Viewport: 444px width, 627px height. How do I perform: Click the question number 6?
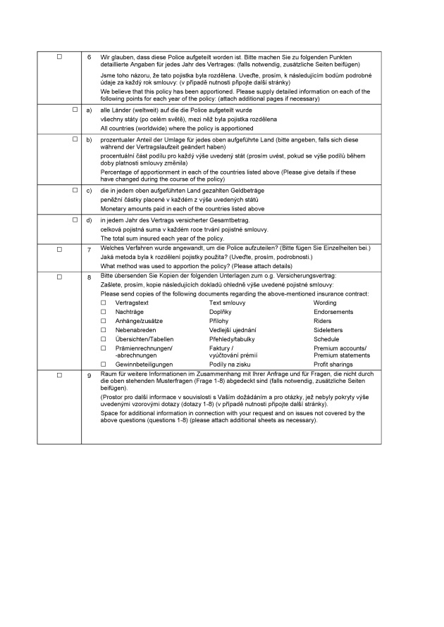[x=89, y=56]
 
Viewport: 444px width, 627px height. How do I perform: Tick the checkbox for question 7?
[x=59, y=249]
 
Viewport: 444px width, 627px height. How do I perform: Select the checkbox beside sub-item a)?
[x=75, y=110]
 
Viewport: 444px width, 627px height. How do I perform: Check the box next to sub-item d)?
[x=75, y=220]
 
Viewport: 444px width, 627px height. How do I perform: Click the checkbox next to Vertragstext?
[x=104, y=303]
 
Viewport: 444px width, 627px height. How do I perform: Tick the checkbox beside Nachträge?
[x=104, y=312]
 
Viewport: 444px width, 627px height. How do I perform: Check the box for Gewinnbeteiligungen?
[x=104, y=365]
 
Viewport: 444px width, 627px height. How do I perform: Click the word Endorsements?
[x=333, y=312]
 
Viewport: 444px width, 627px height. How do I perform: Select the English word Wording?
[x=325, y=303]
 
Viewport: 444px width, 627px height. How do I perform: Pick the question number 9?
[x=89, y=376]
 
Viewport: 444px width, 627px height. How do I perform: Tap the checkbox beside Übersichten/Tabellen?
[x=104, y=338]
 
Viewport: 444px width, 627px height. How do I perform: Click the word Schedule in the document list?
[x=326, y=338]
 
